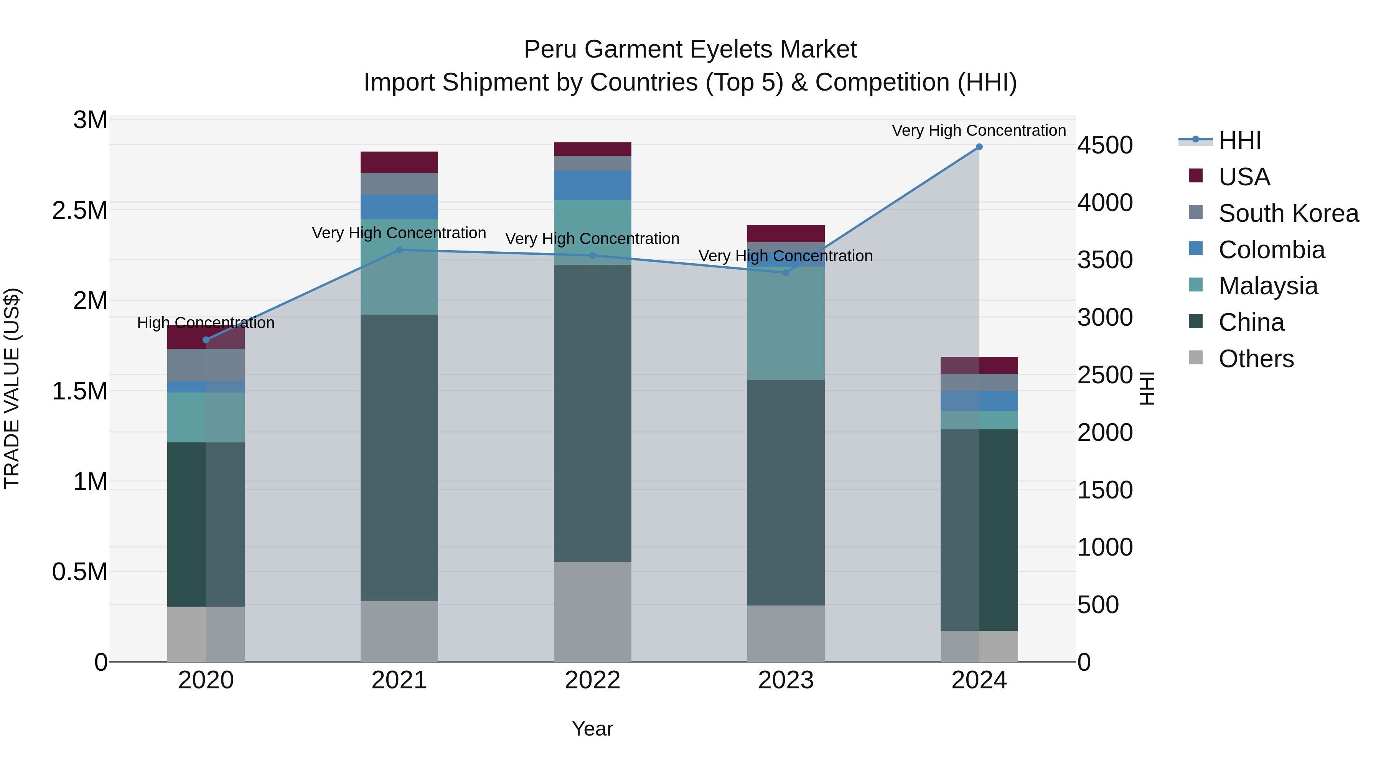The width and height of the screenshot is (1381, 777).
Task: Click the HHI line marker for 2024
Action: coord(979,147)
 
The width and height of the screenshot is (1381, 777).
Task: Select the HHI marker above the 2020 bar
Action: coord(206,340)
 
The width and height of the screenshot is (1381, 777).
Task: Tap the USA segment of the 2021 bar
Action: coord(399,162)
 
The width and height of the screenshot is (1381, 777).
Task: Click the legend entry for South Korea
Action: coord(1288,213)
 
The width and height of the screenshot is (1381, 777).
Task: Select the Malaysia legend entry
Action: coord(1268,286)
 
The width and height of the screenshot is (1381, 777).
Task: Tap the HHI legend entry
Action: coord(1239,140)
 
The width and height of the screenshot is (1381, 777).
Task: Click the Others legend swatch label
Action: coord(1256,359)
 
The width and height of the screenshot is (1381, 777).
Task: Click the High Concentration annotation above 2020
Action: coord(206,323)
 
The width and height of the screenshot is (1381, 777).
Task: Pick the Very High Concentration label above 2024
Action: coord(979,130)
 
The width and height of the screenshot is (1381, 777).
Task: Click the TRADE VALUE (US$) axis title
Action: coord(12,388)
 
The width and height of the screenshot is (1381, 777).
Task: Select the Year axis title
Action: coord(592,729)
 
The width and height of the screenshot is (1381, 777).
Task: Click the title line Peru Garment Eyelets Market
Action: coord(690,49)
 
